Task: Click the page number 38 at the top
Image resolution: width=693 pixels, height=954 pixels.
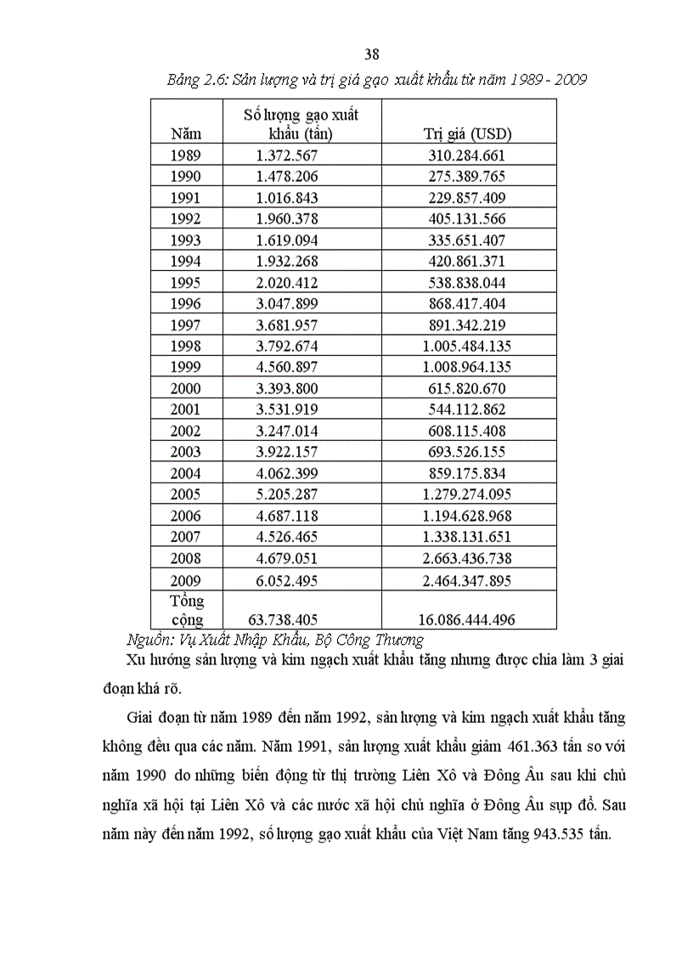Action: coord(371,55)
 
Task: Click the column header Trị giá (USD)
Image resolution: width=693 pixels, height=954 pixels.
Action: coord(468,133)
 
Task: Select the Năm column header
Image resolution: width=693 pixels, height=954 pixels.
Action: coord(185,133)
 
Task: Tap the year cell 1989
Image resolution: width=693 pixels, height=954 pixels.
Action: coord(185,155)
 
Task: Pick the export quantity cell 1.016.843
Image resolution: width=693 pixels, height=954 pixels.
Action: coord(286,198)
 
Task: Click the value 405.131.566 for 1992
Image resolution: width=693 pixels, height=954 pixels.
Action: coord(468,219)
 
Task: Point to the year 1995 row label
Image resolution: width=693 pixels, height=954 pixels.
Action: coord(185,282)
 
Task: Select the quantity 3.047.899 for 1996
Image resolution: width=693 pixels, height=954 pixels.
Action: coord(286,303)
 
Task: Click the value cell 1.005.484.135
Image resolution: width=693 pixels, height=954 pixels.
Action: coord(468,346)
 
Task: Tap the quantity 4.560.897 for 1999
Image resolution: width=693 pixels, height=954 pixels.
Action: coord(286,367)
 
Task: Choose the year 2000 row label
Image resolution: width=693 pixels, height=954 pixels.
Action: coord(185,388)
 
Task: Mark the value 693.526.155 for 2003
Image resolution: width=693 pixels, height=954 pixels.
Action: coord(468,452)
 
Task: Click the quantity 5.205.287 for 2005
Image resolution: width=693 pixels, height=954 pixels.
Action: coord(286,494)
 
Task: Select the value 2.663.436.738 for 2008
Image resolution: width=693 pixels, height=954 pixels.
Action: coord(468,558)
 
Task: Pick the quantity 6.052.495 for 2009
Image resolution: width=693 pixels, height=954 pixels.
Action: coord(286,579)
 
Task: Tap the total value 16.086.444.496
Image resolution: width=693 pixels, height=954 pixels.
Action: coord(468,620)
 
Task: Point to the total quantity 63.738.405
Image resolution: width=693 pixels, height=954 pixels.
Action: coord(286,620)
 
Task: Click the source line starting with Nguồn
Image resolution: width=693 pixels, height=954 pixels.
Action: coord(274,640)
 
